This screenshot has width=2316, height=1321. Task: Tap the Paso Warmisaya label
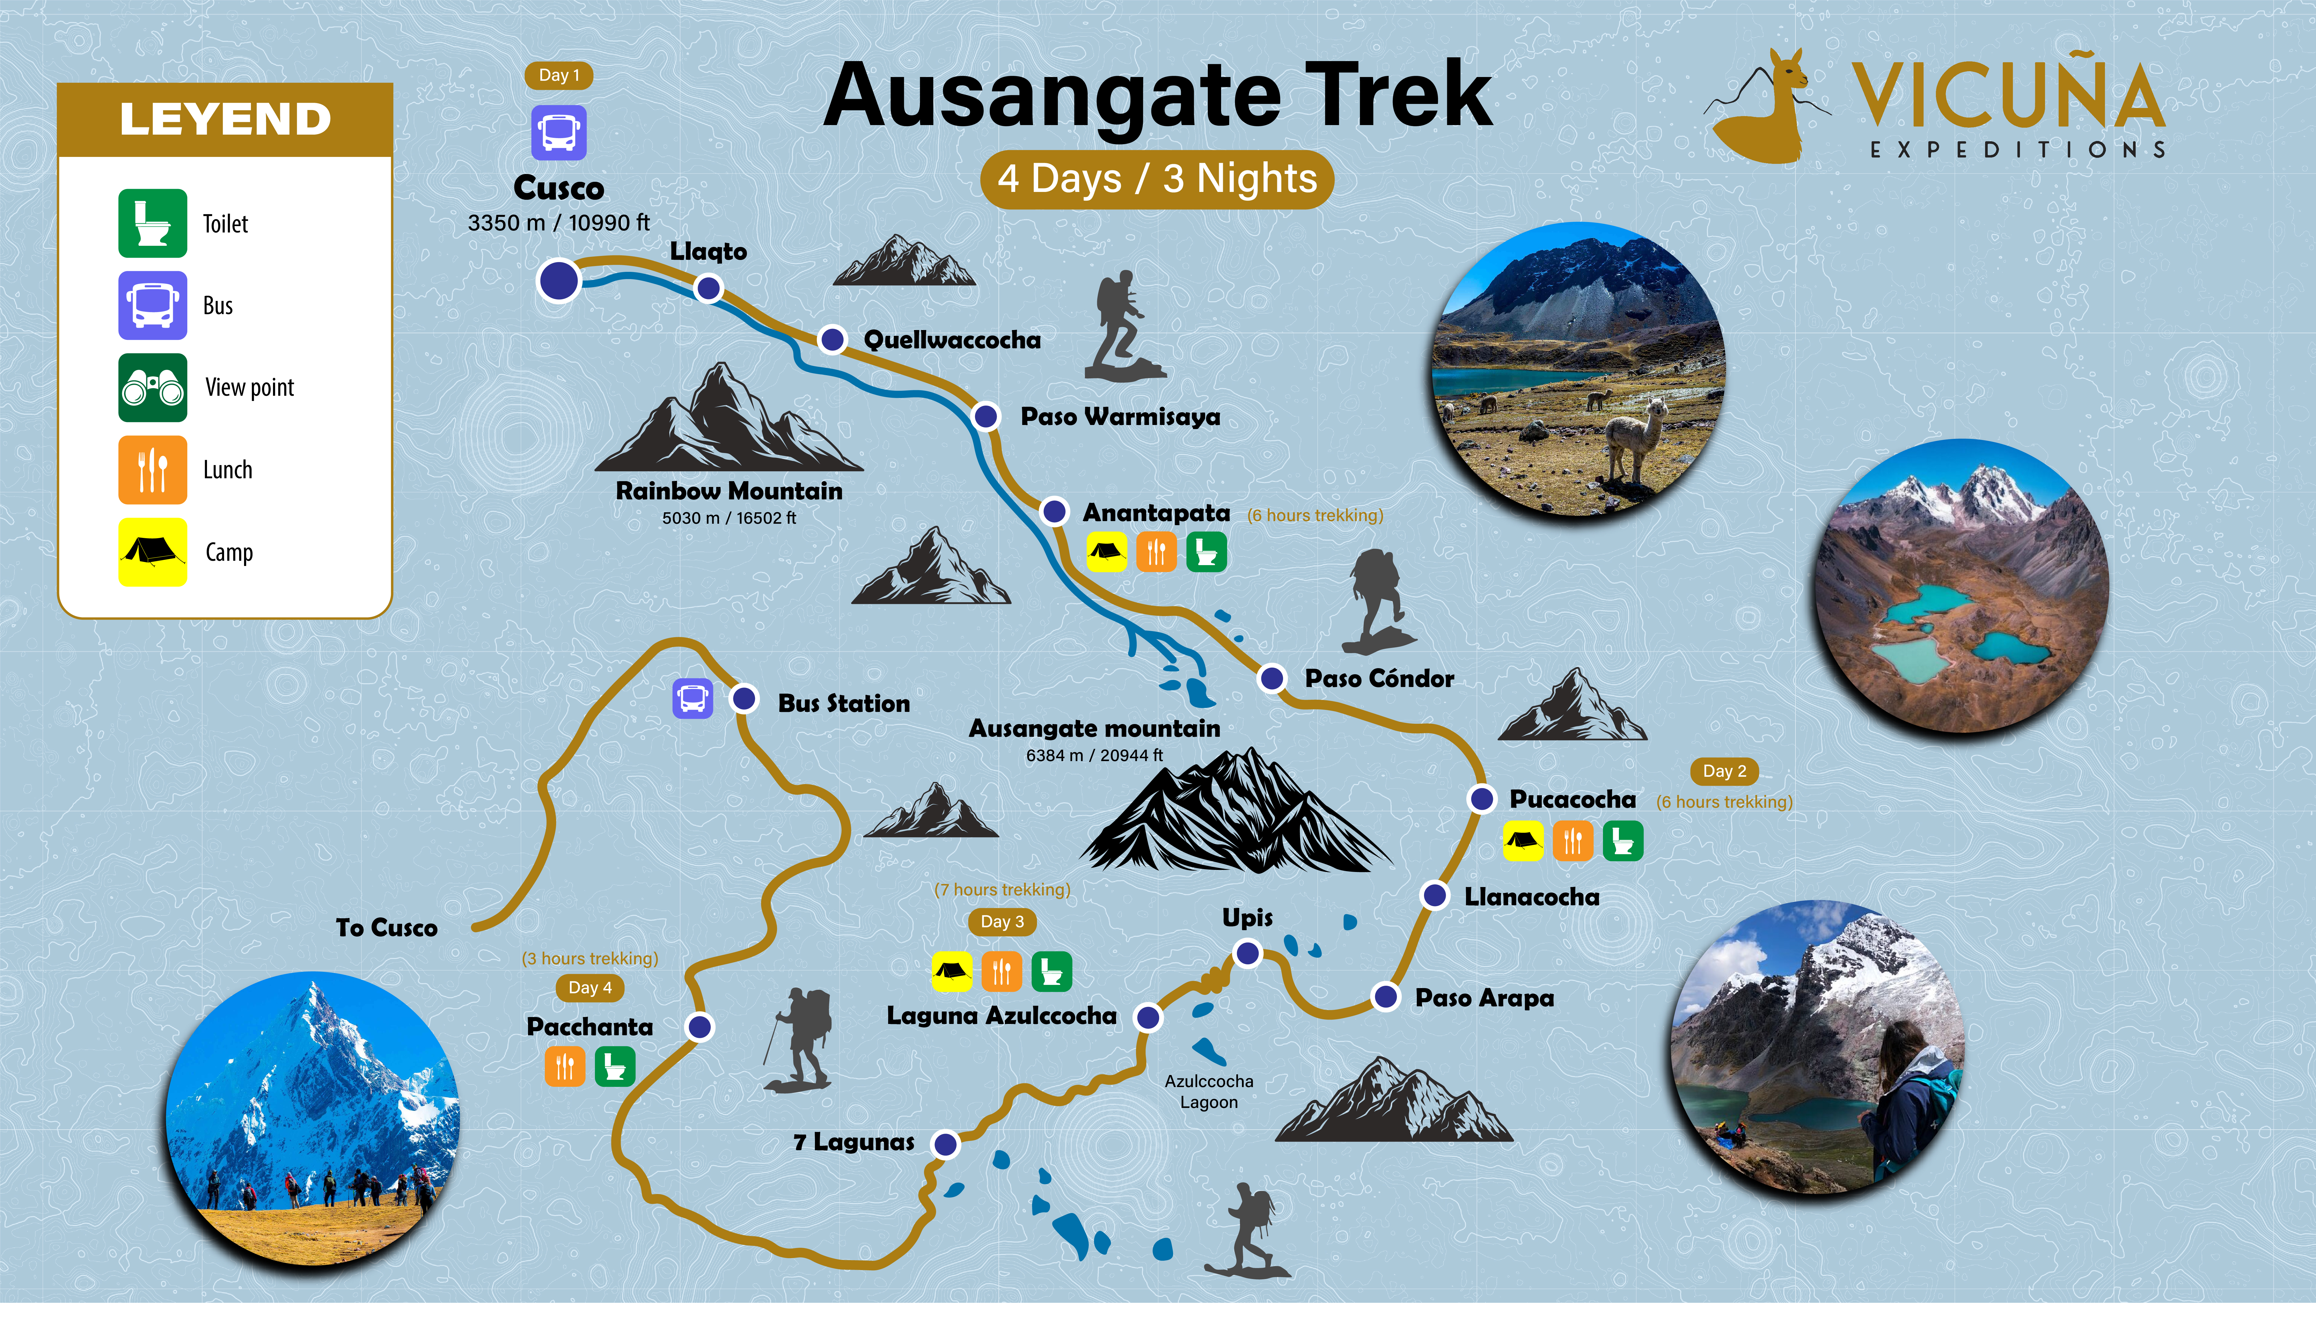coord(1120,416)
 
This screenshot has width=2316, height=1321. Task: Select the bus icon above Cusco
coord(559,133)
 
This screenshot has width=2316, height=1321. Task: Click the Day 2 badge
coord(1724,771)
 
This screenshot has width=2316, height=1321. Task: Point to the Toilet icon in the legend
coord(152,223)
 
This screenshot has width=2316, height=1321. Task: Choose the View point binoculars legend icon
coord(152,387)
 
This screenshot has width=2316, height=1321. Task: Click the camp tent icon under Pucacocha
coord(1523,840)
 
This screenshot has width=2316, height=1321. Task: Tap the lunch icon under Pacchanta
coord(564,1066)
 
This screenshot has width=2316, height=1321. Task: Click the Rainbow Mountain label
coord(728,491)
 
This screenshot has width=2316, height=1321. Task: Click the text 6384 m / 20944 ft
coord(1094,755)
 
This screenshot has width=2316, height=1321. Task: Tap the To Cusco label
coord(386,927)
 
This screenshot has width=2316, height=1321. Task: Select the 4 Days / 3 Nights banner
coord(1157,179)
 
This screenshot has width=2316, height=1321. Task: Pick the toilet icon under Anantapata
coord(1206,552)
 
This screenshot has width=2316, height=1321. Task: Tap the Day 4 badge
coord(590,987)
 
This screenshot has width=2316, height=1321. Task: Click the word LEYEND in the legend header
coord(225,119)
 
